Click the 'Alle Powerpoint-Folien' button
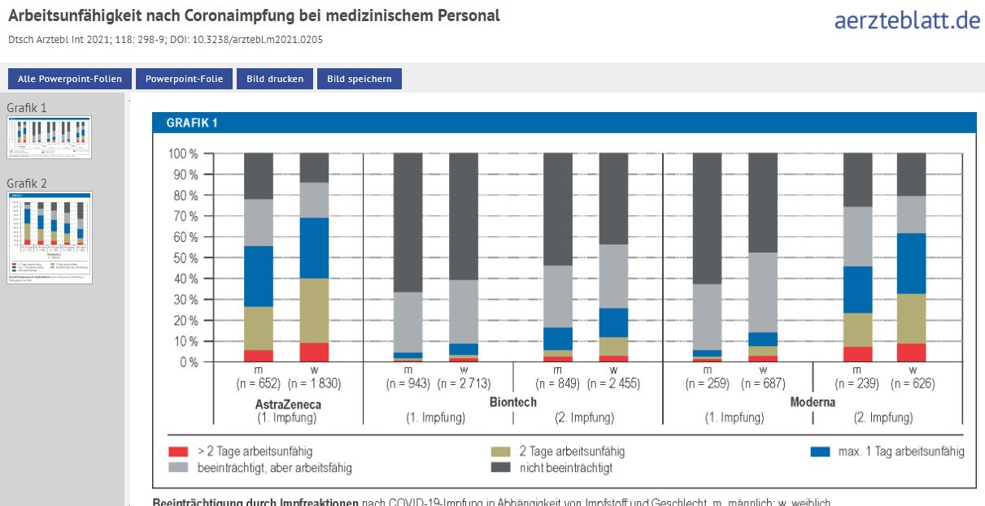pyautogui.click(x=70, y=79)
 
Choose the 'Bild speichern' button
pyautogui.click(x=359, y=79)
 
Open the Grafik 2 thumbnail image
pyautogui.click(x=50, y=237)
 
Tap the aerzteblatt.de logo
pyautogui.click(x=907, y=20)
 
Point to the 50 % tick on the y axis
pyautogui.click(x=183, y=258)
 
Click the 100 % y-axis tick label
pyautogui.click(x=182, y=154)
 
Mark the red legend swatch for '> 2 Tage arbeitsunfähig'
pyautogui.click(x=178, y=452)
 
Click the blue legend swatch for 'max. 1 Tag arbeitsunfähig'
pyautogui.click(x=822, y=452)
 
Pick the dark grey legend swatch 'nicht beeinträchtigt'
pyautogui.click(x=502, y=468)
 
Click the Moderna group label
pyautogui.click(x=813, y=402)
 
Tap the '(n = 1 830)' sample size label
pyautogui.click(x=316, y=384)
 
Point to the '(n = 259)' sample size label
pyautogui.click(x=707, y=384)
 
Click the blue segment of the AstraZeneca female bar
pyautogui.click(x=315, y=248)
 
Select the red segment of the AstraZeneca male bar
pyautogui.click(x=259, y=356)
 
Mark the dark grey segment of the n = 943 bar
pyautogui.click(x=408, y=211)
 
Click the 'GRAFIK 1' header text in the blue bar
pyautogui.click(x=192, y=123)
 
